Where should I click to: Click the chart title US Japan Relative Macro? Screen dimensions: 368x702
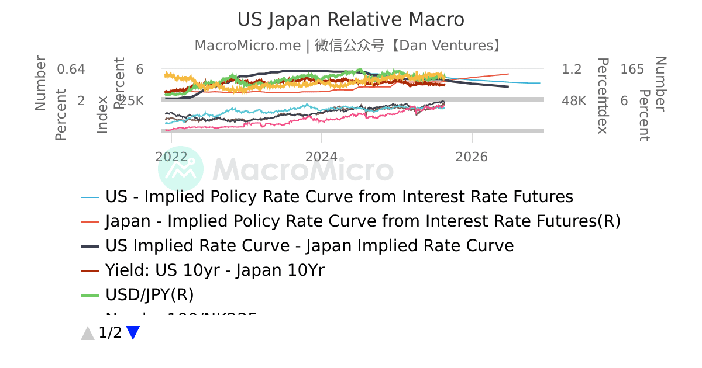[x=350, y=19]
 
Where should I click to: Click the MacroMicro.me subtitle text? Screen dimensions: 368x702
[x=247, y=46]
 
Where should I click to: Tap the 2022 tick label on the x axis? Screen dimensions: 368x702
[x=171, y=157]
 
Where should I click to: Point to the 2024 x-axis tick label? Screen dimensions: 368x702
[x=321, y=157]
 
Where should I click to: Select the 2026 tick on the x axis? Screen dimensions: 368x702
[x=472, y=157]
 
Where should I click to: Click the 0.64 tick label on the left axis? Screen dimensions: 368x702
[x=71, y=70]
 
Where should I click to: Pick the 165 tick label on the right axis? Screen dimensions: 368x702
[x=632, y=70]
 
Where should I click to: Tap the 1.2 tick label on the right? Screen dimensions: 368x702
[x=572, y=70]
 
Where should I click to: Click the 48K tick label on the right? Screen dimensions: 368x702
[x=574, y=101]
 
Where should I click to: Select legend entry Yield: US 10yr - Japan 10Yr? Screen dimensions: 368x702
[x=215, y=270]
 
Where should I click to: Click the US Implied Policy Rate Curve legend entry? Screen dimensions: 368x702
[x=339, y=197]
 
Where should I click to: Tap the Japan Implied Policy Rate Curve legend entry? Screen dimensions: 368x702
[x=363, y=221]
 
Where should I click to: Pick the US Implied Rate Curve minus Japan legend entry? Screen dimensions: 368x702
[x=309, y=246]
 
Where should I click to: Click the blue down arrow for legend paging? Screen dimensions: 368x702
[x=133, y=333]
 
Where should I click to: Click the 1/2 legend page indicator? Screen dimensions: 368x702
[x=111, y=333]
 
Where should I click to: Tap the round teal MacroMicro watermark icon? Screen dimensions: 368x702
[x=181, y=169]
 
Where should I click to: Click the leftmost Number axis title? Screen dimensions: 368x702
[x=40, y=83]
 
